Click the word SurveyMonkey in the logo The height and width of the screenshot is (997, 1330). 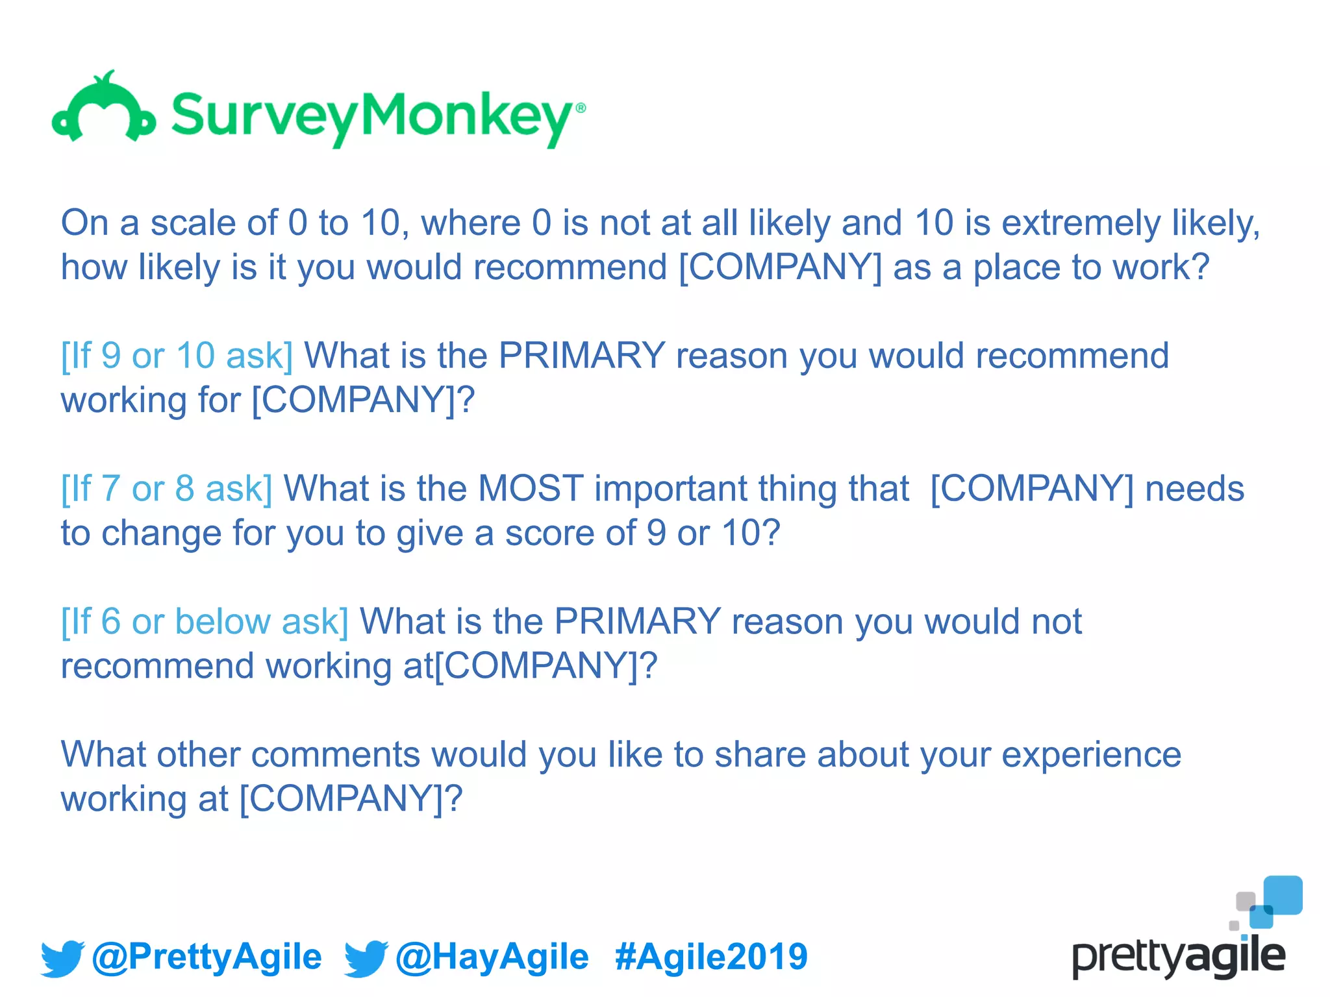click(371, 117)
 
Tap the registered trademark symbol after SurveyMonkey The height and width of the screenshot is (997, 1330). click(581, 108)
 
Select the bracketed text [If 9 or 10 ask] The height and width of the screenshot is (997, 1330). click(177, 356)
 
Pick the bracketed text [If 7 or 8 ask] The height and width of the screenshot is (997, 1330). click(166, 489)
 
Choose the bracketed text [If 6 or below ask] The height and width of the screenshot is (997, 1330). click(205, 621)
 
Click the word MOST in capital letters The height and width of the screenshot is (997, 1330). click(531, 488)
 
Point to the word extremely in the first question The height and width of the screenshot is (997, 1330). click(1081, 223)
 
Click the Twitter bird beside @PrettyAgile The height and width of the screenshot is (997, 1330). click(62, 958)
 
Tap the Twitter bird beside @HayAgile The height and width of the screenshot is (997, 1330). click(366, 958)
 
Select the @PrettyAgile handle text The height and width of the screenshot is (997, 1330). click(207, 957)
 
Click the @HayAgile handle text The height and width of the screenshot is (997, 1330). click(492, 957)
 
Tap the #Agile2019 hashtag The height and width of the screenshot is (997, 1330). click(711, 957)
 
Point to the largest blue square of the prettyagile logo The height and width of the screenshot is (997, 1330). click(1283, 894)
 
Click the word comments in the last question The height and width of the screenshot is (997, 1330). click(335, 755)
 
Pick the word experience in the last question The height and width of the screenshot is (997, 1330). click(1091, 755)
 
